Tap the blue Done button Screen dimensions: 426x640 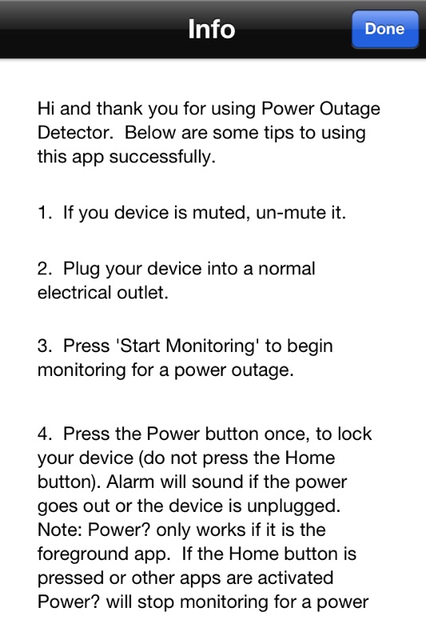point(384,29)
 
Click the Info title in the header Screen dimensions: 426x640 point(212,29)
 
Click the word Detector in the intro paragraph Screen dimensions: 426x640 point(75,133)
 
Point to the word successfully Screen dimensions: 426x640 point(162,157)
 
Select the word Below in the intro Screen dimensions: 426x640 point(150,133)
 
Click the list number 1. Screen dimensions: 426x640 point(44,213)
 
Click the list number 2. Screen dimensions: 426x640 point(45,269)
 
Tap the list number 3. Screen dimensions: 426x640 point(45,346)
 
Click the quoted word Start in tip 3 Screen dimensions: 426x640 point(138,346)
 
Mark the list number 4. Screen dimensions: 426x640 point(45,434)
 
